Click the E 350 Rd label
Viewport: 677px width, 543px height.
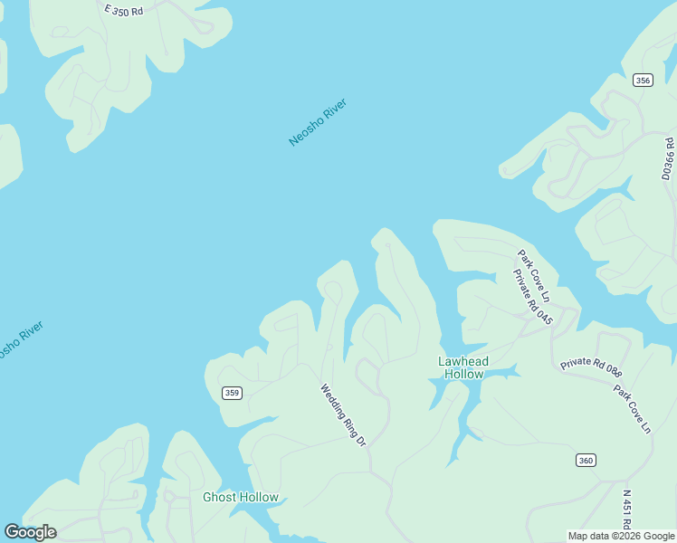[x=124, y=11]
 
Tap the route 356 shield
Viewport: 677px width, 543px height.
[x=643, y=81]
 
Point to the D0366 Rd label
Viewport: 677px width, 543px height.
[x=668, y=159]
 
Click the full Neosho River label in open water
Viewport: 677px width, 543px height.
[x=318, y=122]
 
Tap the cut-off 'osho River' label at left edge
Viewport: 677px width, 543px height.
[x=19, y=339]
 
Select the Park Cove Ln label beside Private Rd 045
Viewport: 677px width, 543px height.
[x=534, y=276]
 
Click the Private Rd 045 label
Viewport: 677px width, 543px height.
[x=532, y=296]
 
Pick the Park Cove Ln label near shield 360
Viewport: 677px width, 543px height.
[x=633, y=409]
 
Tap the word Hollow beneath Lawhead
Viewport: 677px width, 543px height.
[x=463, y=374]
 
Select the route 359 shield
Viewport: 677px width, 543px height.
[x=233, y=392]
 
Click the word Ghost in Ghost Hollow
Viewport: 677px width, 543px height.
[x=220, y=497]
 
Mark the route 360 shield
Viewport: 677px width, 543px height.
[x=586, y=461]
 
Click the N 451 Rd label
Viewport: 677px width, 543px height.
[x=626, y=510]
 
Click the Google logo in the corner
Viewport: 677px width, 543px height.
[x=30, y=532]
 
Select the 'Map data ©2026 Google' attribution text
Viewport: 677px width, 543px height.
[x=621, y=536]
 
